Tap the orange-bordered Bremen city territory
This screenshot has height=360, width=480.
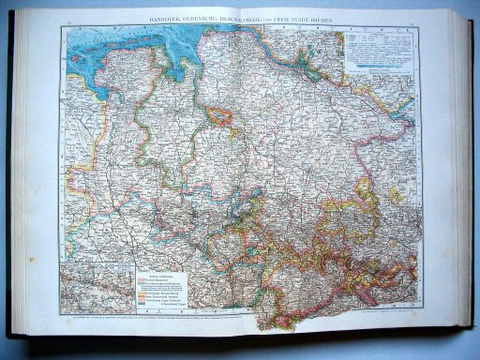click(219, 117)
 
